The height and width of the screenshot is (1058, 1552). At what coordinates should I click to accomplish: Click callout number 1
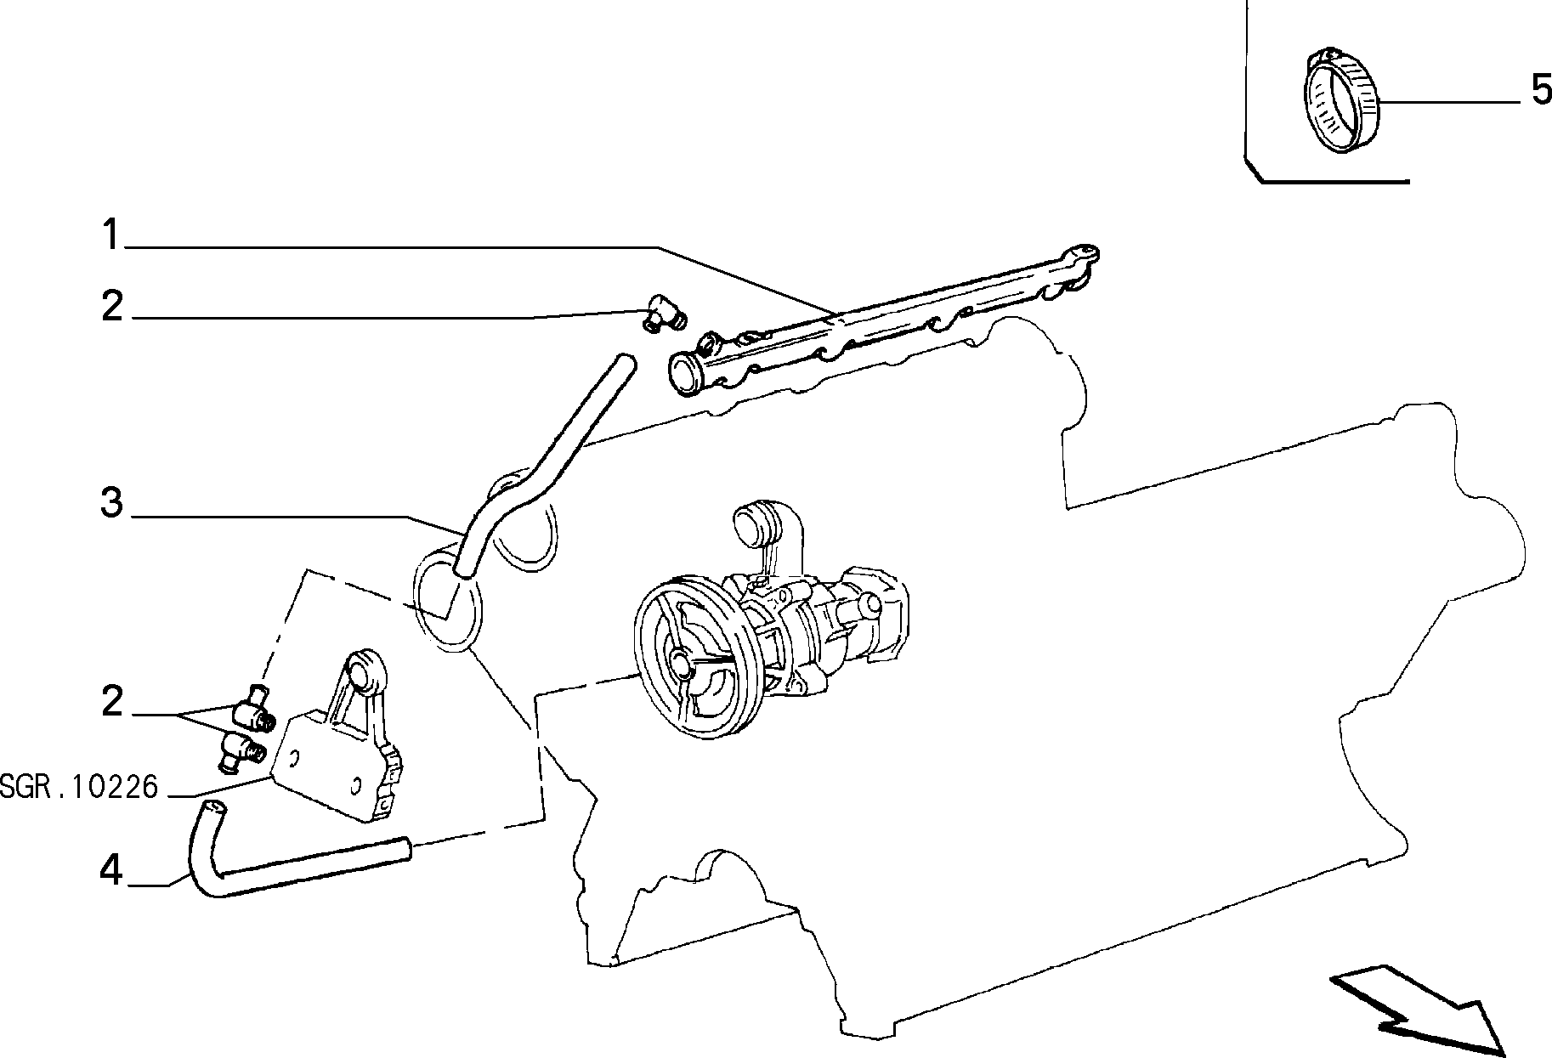coord(112,234)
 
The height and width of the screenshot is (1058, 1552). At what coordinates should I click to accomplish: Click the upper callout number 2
coord(112,306)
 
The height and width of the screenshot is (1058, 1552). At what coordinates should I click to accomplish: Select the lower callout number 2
coord(112,703)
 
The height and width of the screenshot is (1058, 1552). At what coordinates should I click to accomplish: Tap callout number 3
coord(112,502)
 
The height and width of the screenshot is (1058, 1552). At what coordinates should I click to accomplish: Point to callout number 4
coord(111,870)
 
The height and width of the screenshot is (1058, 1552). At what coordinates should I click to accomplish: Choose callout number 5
coord(1541,89)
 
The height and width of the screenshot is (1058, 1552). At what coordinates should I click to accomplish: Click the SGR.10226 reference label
coord(79,788)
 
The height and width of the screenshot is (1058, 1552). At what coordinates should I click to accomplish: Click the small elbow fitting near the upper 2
coord(666,316)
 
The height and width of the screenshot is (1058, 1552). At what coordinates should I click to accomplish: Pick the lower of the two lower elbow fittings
coord(241,751)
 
